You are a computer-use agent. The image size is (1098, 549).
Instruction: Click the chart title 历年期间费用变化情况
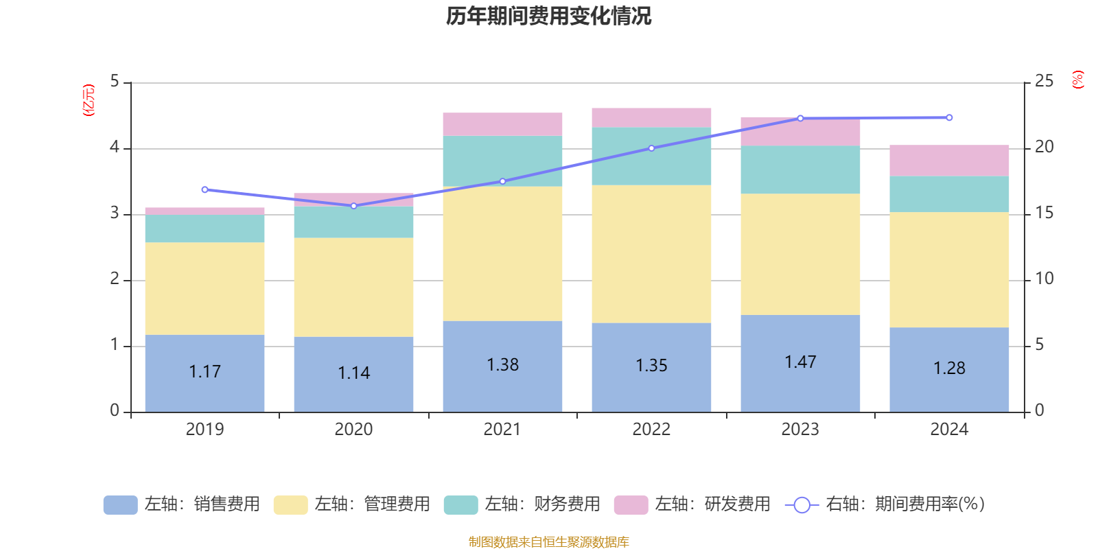[548, 16]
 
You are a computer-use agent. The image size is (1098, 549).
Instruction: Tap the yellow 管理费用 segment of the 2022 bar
[651, 253]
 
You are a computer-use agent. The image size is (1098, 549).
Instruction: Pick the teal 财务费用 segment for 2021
[502, 161]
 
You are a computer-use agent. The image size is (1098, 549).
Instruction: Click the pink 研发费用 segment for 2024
[949, 160]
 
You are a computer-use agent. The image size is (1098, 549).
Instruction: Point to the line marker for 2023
[800, 118]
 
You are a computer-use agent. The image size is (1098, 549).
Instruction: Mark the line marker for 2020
[353, 206]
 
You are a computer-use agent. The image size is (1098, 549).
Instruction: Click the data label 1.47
[800, 362]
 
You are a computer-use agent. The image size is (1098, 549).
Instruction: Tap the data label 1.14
[353, 373]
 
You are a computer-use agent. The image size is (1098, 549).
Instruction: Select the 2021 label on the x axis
[502, 429]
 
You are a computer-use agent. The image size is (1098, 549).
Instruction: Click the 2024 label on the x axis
[949, 429]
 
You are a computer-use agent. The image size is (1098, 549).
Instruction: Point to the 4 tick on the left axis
[115, 148]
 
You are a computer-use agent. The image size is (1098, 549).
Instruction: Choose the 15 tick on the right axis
[1044, 213]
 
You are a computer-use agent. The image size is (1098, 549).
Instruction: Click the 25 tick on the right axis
[1044, 81]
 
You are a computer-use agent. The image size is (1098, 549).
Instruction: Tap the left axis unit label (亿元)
[88, 100]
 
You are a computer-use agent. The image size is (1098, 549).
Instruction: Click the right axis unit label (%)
[1078, 80]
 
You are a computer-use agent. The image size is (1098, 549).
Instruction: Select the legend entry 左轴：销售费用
[182, 504]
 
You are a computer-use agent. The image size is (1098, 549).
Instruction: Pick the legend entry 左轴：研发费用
[692, 504]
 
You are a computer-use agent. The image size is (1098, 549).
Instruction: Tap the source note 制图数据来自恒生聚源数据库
[548, 542]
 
